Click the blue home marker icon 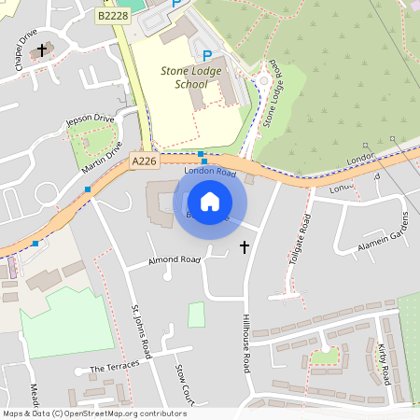[x=210, y=201]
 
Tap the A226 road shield [x=143, y=161]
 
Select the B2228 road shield [x=112, y=15]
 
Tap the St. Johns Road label [x=141, y=330]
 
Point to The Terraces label [x=114, y=368]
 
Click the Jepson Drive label [x=89, y=121]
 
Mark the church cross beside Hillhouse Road [x=245, y=247]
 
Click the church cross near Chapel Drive [x=41, y=49]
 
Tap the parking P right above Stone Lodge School [x=207, y=56]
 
